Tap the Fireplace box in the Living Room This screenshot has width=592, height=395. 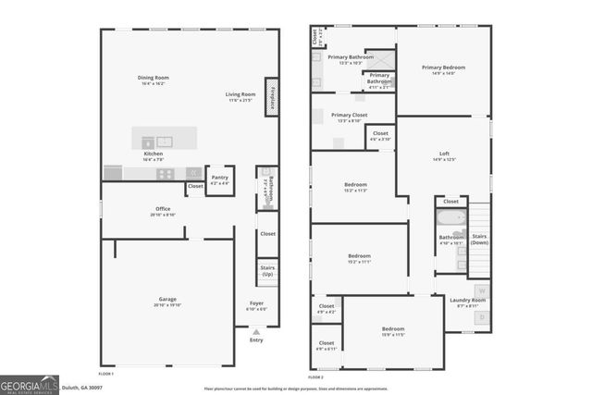272,96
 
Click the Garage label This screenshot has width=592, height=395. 167,300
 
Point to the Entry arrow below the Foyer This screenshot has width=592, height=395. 256,331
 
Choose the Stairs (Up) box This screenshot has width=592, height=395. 267,273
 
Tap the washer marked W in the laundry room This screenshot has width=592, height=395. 481,292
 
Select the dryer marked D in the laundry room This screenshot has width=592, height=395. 481,317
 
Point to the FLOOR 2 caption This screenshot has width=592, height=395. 316,377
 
